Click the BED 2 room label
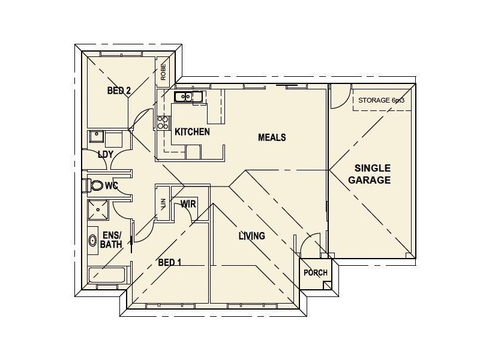[119, 91]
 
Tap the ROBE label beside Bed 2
[163, 73]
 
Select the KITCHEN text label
[192, 131]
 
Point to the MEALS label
[272, 137]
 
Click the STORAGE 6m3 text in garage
[381, 100]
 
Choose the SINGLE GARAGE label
[372, 174]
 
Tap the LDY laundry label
[106, 154]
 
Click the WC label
[111, 186]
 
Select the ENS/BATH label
[112, 240]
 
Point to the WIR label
[188, 204]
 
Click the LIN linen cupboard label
[163, 205]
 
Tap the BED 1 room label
[170, 263]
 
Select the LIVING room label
[251, 236]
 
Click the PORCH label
[315, 272]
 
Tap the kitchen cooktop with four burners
[163, 123]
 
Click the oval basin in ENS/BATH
[93, 241]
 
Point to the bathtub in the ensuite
[108, 277]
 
